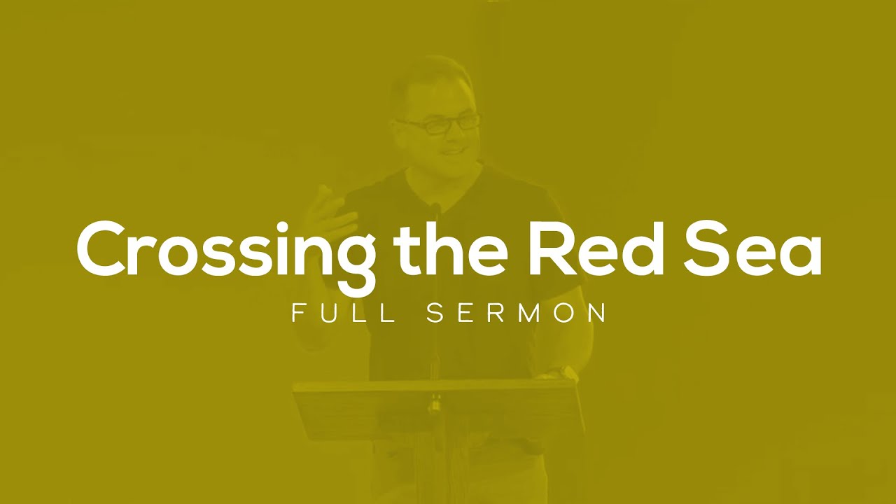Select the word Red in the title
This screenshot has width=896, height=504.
595,249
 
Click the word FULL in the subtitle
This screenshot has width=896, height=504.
343,313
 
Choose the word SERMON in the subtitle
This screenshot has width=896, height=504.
517,313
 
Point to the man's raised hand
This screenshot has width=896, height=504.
329,210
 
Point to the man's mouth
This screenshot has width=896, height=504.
452,150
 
